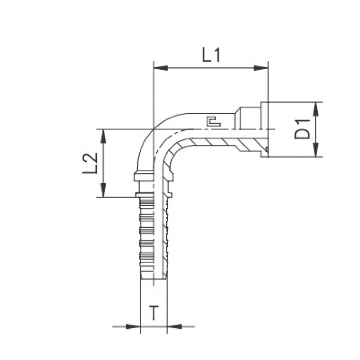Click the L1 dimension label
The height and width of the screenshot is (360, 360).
tap(211, 55)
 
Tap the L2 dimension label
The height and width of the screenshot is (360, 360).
tap(90, 163)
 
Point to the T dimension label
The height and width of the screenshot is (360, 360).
tap(154, 313)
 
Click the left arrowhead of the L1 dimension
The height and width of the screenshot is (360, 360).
tap(161, 68)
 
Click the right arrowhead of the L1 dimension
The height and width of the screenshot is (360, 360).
tap(261, 68)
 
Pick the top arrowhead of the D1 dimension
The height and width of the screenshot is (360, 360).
tap(316, 109)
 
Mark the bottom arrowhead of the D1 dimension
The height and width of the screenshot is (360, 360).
tap(316, 149)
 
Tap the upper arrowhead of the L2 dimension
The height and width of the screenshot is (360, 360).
tap(104, 136)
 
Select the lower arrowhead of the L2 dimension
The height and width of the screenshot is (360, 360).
tap(104, 190)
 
